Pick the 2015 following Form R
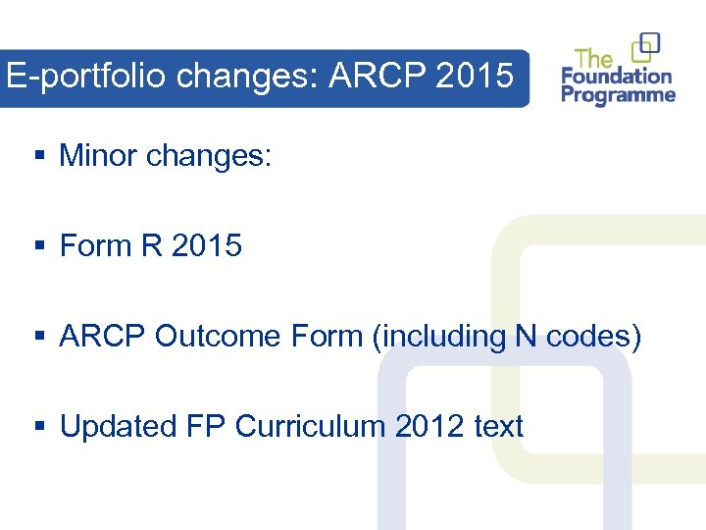(206, 245)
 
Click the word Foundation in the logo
(617, 76)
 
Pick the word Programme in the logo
(619, 95)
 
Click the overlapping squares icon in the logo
(646, 46)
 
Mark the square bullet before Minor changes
(39, 156)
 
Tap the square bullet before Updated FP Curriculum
(39, 428)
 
